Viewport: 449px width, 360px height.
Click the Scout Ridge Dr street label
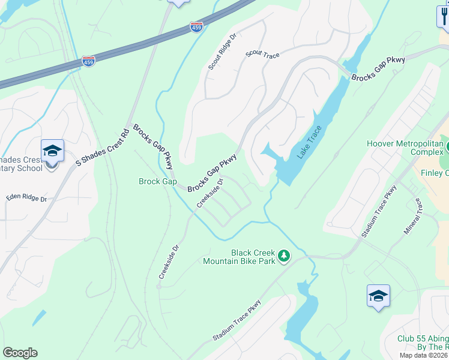[223, 51]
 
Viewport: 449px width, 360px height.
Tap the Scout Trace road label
[262, 55]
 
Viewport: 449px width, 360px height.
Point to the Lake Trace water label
[309, 142]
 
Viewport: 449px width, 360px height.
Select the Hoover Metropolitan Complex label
[406, 148]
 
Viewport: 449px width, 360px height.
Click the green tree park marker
[285, 257]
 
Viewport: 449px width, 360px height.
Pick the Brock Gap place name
[157, 181]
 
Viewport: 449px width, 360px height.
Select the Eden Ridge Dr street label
[26, 197]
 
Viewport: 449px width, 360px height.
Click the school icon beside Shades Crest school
[52, 151]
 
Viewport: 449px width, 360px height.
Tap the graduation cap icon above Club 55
[378, 296]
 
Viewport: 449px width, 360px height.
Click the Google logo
[20, 353]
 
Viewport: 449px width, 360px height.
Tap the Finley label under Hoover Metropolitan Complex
[436, 173]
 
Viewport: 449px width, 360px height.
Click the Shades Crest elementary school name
[22, 164]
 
